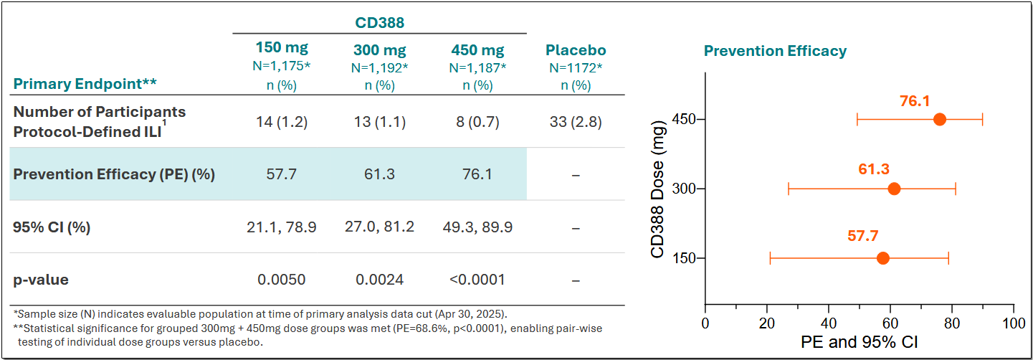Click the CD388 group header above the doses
point(380,22)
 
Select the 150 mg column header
point(282,49)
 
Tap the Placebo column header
point(576,50)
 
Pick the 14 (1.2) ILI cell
point(282,121)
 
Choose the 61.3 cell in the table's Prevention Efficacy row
point(380,174)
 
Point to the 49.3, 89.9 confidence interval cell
point(477,227)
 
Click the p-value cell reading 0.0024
point(380,280)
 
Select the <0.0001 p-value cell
point(477,280)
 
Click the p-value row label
point(41,280)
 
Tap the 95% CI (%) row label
point(52,227)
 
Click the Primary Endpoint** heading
point(85,84)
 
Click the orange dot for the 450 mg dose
point(939,119)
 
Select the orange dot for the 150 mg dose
point(883,258)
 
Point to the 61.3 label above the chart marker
point(874,169)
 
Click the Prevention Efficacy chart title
point(775,51)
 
